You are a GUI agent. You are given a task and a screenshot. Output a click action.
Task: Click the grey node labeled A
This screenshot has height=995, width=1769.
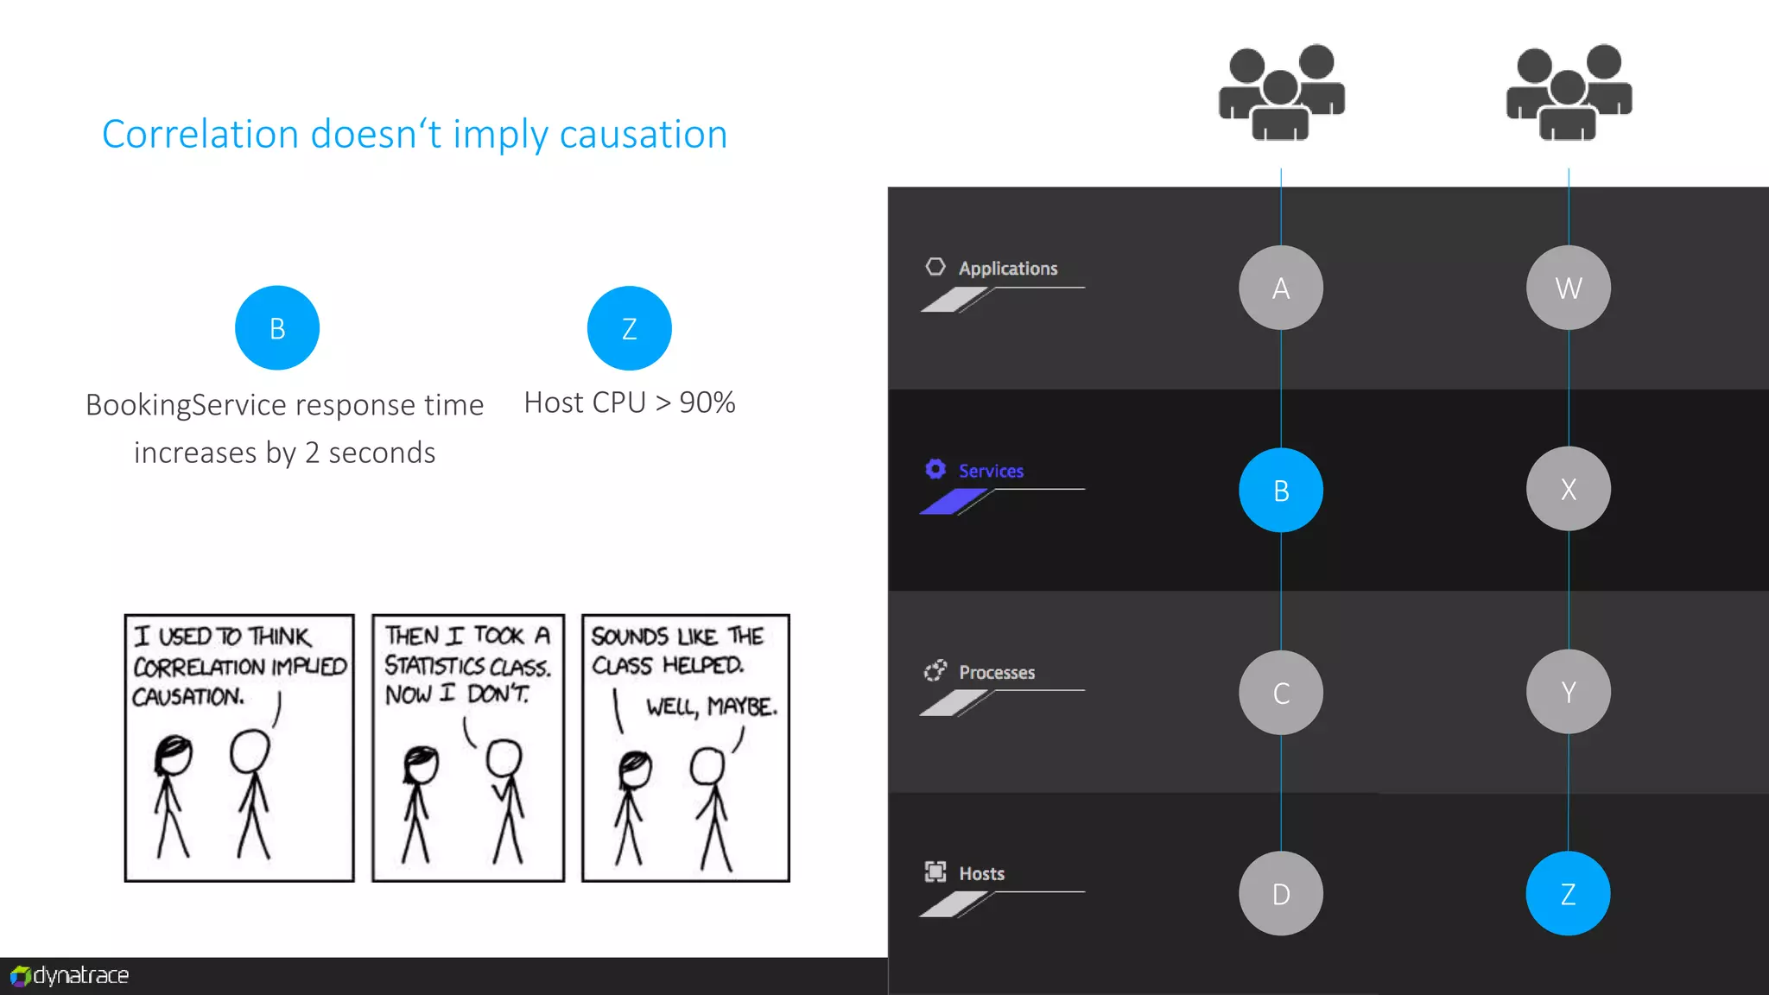click(x=1281, y=288)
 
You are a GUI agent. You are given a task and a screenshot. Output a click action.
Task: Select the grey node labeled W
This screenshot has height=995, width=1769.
click(x=1568, y=288)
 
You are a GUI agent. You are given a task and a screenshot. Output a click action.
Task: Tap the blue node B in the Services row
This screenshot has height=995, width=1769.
click(x=1281, y=490)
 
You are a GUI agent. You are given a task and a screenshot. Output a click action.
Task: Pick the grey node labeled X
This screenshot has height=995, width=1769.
click(x=1568, y=489)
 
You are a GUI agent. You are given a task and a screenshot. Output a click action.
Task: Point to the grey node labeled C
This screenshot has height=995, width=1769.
click(x=1281, y=693)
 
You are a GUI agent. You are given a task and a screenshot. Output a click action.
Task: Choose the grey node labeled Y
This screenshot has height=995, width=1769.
click(x=1568, y=692)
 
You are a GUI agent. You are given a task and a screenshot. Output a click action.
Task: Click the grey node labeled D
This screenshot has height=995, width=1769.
click(x=1281, y=894)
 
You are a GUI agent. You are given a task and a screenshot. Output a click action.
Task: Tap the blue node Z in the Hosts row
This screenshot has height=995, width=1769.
click(x=1568, y=894)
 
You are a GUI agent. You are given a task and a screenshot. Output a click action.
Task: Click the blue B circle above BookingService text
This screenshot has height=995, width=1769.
click(x=277, y=328)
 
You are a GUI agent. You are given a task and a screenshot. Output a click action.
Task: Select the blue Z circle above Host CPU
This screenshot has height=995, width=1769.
click(x=629, y=328)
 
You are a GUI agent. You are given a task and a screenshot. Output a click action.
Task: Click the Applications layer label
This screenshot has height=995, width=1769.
click(x=1007, y=269)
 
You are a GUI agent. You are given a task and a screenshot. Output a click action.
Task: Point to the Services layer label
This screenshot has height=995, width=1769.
click(x=991, y=471)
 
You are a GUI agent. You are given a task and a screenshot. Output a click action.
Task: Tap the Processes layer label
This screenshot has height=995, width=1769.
click(x=996, y=672)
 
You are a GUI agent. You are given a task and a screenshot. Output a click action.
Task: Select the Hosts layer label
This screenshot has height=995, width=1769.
click(x=981, y=873)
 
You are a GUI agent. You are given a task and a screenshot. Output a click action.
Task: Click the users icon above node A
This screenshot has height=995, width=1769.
click(x=1281, y=92)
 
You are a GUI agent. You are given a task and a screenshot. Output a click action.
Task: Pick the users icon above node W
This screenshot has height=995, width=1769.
click(x=1569, y=92)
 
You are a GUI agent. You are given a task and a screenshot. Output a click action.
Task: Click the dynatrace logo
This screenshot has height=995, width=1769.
click(x=70, y=976)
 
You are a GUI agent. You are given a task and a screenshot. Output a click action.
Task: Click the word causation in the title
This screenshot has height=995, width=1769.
click(x=643, y=135)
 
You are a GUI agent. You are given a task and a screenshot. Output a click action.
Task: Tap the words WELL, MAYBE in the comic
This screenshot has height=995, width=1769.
click(x=711, y=707)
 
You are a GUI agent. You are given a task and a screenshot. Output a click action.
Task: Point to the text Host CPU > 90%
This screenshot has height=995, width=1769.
click(x=630, y=402)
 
